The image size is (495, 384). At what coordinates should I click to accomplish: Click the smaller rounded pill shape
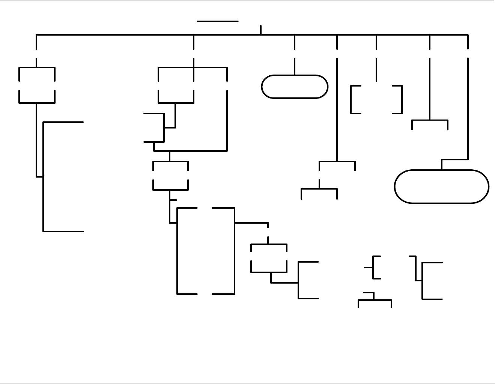(295, 87)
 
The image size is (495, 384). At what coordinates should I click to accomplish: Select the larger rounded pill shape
(441, 187)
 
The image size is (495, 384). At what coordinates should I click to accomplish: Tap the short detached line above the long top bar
(218, 21)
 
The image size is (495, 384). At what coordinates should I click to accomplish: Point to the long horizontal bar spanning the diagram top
(150, 35)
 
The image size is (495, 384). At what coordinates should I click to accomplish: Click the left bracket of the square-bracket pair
(352, 99)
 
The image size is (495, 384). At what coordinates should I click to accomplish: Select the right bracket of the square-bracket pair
(402, 99)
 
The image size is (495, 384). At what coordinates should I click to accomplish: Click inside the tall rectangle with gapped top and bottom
(206, 251)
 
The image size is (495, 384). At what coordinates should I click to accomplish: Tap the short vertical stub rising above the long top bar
(261, 30)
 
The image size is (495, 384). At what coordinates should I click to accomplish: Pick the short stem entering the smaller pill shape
(295, 67)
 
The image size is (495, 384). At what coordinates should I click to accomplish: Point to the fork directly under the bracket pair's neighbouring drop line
(430, 121)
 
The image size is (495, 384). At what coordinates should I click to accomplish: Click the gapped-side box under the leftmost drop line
(37, 85)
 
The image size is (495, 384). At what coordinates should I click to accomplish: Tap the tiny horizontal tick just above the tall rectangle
(173, 200)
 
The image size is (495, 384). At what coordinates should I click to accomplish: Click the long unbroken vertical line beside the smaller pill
(337, 109)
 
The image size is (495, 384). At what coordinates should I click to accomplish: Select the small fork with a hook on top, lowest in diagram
(375, 300)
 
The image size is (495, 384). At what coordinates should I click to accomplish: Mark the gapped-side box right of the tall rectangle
(269, 258)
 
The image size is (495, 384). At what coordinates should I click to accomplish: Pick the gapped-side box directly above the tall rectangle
(170, 176)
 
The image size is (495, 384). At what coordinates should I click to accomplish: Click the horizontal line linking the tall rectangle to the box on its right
(251, 223)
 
